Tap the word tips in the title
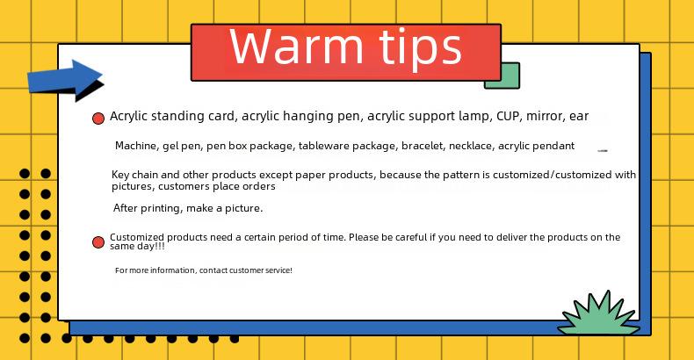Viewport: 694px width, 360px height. [421, 48]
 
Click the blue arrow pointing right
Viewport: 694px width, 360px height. [66, 80]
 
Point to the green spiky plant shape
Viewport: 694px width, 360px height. [598, 315]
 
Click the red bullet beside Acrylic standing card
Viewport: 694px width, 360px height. [98, 118]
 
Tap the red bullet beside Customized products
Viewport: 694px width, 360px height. [98, 242]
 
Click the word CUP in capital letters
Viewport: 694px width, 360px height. [507, 116]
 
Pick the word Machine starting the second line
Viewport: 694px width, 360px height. [136, 146]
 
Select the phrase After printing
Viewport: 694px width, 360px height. [148, 208]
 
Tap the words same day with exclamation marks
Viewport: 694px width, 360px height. [137, 247]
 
